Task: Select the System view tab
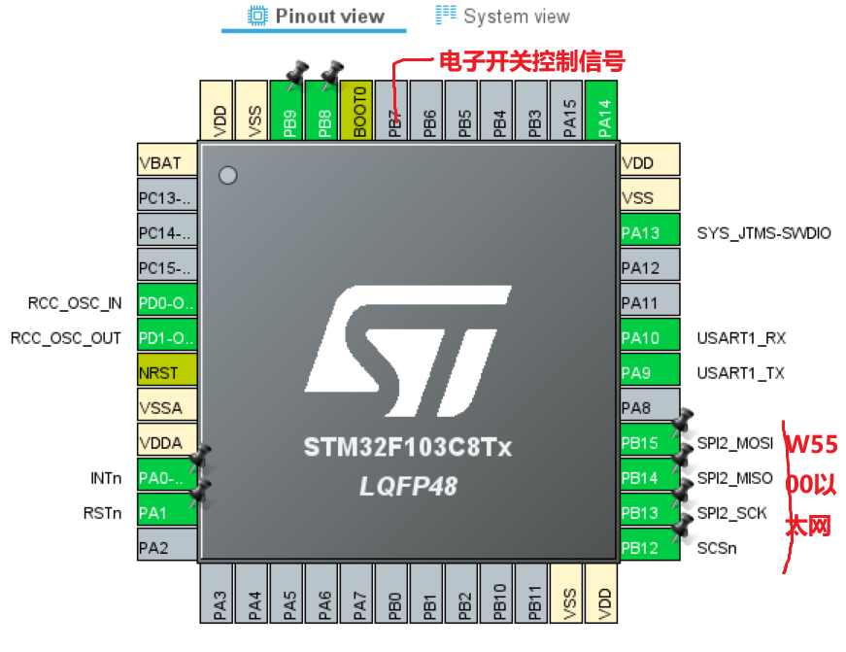click(503, 16)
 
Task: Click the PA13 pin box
click(650, 233)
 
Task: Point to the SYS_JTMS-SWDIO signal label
click(763, 233)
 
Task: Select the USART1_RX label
click(741, 338)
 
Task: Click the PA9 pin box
click(650, 373)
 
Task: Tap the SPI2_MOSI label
click(735, 443)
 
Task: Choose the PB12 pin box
click(650, 548)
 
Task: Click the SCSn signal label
click(717, 548)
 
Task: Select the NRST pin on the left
click(167, 373)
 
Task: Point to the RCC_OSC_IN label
click(75, 303)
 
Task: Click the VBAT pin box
click(167, 163)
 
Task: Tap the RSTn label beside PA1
click(102, 513)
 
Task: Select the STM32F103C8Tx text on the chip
click(408, 448)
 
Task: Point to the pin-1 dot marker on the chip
click(228, 176)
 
